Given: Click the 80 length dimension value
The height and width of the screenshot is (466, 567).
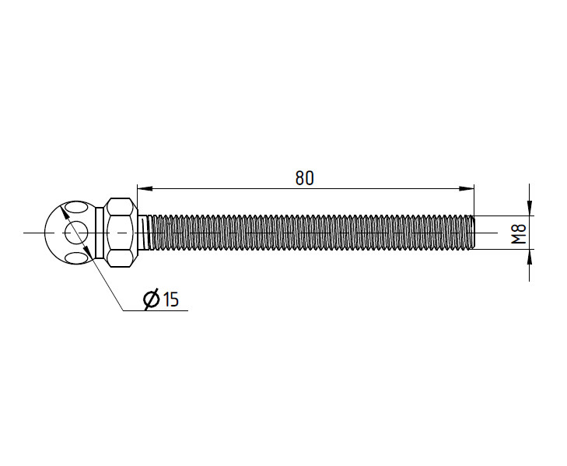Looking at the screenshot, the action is tap(304, 178).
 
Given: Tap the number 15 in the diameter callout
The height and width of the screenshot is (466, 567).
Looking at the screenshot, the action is tap(170, 300).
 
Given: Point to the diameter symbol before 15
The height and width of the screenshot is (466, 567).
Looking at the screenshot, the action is tap(151, 300).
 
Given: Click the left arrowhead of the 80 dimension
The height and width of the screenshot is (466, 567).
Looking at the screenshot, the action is tap(145, 188).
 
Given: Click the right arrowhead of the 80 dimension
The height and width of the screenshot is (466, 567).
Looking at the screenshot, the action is tap(467, 188).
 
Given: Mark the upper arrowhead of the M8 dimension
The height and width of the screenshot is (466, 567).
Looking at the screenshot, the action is tap(530, 208).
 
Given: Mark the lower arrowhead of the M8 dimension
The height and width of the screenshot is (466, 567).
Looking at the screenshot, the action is tap(530, 257).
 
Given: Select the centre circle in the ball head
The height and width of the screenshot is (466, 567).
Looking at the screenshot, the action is tap(76, 233).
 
